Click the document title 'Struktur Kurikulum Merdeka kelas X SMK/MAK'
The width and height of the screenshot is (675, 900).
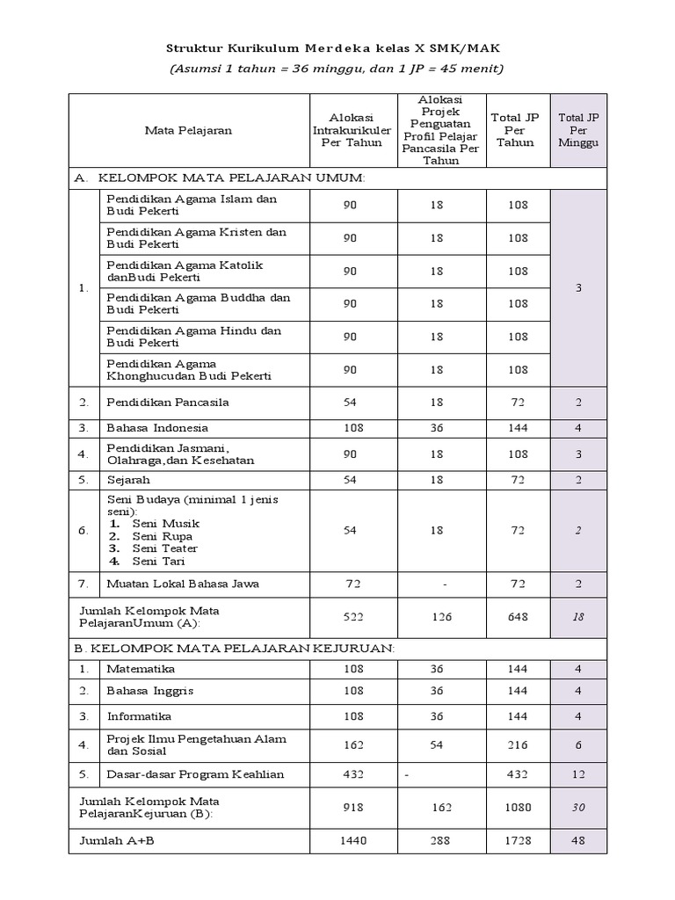pyautogui.click(x=337, y=46)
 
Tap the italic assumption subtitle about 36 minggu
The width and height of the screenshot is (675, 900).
pyautogui.click(x=337, y=69)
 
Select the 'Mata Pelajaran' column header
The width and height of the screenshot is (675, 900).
pyautogui.click(x=188, y=130)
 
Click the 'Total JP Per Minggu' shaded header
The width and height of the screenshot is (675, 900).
pyautogui.click(x=578, y=130)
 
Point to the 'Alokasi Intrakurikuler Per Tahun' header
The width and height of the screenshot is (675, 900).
pyautogui.click(x=350, y=130)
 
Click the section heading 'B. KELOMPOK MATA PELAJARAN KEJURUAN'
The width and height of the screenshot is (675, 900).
pyautogui.click(x=235, y=648)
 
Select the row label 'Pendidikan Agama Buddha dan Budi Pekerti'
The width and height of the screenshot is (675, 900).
pyautogui.click(x=198, y=303)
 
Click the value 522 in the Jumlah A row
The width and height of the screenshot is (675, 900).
pyautogui.click(x=350, y=617)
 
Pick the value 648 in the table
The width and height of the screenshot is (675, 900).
pyautogui.click(x=517, y=617)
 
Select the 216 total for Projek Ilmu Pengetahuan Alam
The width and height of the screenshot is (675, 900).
pyautogui.click(x=517, y=744)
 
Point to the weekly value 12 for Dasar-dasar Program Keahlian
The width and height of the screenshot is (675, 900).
pyautogui.click(x=578, y=774)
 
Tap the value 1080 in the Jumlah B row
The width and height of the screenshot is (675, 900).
pyautogui.click(x=517, y=808)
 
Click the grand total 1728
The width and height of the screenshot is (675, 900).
pyautogui.click(x=517, y=841)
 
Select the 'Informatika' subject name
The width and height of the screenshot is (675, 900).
pyautogui.click(x=138, y=715)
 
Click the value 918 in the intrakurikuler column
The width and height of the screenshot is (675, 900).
pyautogui.click(x=350, y=808)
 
